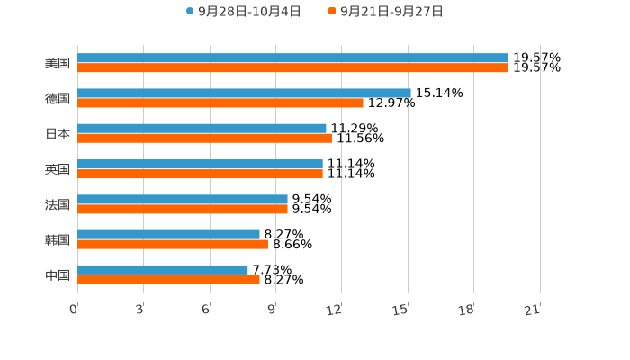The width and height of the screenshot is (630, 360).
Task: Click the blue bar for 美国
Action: click(292, 58)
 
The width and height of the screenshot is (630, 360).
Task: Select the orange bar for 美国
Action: click(292, 67)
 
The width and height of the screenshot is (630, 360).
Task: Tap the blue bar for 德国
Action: click(244, 93)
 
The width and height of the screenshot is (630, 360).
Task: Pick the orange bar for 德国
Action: click(220, 103)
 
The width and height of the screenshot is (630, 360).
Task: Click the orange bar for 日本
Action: click(204, 138)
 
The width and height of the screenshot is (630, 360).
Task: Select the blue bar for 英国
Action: click(200, 164)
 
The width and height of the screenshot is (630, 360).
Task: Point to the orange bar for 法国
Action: click(183, 209)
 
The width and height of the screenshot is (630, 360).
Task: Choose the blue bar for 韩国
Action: click(168, 234)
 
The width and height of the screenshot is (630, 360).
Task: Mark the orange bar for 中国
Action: click(168, 279)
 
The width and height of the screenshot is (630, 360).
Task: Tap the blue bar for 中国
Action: click(163, 269)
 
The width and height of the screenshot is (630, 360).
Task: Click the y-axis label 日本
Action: click(58, 133)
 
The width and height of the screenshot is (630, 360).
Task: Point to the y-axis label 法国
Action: click(58, 204)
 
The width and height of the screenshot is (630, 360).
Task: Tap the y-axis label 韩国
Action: click(58, 239)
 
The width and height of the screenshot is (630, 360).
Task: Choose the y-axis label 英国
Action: click(58, 169)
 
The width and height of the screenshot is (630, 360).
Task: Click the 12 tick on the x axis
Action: click(335, 310)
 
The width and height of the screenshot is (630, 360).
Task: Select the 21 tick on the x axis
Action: click(533, 310)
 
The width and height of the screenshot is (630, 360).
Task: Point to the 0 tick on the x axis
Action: click(75, 310)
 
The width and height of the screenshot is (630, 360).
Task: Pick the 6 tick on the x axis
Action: click(206, 310)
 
